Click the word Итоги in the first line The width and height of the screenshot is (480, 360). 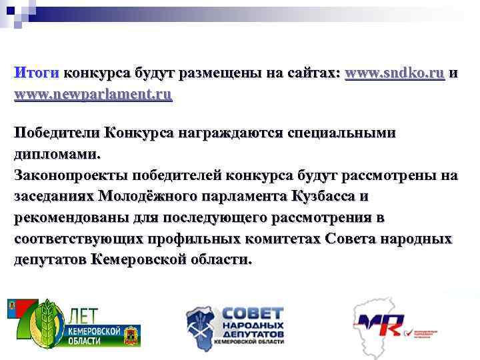click(37, 73)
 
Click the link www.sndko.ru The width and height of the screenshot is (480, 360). click(395, 73)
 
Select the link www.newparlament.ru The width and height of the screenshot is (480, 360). click(93, 94)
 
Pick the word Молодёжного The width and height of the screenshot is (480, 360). click(145, 197)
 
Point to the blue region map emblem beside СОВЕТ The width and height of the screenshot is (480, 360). click(203, 325)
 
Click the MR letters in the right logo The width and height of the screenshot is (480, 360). click(380, 325)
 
